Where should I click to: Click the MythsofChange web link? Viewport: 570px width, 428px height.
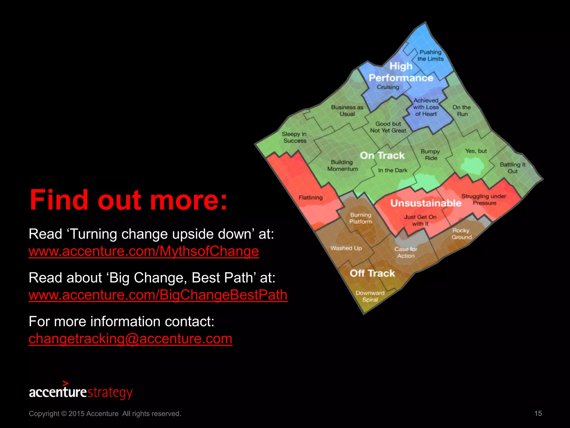point(144,251)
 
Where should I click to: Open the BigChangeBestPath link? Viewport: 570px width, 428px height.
point(158,295)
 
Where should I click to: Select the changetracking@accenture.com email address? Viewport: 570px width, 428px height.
point(130,339)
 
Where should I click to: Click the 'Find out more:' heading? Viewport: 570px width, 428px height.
point(128,200)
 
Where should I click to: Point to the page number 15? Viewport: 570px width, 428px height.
point(538,414)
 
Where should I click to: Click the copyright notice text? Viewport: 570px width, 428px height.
point(105,414)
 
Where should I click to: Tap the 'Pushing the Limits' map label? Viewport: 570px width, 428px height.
point(430,55)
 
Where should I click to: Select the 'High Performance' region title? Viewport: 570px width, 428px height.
point(401,72)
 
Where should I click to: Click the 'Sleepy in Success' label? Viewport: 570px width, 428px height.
point(294,137)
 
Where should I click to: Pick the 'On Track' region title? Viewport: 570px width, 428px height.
point(382,155)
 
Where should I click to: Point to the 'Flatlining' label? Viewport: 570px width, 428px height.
point(311,198)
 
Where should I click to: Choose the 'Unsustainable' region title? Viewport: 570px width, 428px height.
point(426,203)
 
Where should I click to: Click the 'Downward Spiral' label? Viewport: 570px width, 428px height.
point(370,296)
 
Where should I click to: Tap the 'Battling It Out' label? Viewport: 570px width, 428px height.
point(512,168)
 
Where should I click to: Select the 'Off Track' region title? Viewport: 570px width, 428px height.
point(372,273)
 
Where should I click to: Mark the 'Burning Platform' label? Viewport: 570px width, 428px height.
point(361,218)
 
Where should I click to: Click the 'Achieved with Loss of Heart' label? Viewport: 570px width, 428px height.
point(426,107)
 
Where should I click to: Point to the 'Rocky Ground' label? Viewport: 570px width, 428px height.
point(461,234)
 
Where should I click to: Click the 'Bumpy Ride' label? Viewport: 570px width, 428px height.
point(430,155)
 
